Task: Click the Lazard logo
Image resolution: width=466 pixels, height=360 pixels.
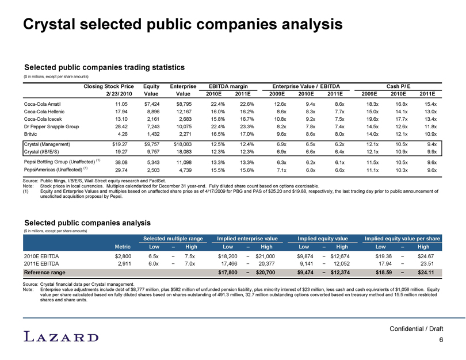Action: click(x=61, y=336)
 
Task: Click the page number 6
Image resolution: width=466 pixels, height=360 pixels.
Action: click(x=441, y=340)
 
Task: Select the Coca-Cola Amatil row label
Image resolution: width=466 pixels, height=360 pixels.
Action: click(x=42, y=104)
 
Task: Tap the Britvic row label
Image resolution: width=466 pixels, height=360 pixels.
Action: click(x=30, y=134)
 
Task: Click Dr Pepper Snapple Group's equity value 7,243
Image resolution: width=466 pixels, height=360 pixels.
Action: click(x=153, y=127)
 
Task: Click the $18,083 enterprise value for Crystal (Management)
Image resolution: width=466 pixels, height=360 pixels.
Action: click(x=183, y=144)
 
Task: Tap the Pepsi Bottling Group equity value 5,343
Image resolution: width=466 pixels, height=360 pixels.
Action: click(x=153, y=163)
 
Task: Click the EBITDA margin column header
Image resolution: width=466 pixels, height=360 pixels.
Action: click(x=228, y=86)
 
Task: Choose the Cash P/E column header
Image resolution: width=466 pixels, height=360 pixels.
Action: click(x=398, y=86)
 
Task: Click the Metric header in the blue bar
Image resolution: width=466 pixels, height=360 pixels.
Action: click(x=123, y=247)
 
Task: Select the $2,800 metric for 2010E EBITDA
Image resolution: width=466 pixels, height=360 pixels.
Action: click(x=123, y=256)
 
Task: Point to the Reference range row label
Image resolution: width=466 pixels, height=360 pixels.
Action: click(x=44, y=273)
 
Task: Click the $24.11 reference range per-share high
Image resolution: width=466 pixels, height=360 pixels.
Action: click(x=426, y=273)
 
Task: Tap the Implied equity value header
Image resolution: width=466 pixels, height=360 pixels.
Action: click(x=322, y=239)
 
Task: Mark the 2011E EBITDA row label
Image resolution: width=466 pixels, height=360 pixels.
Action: click(x=41, y=264)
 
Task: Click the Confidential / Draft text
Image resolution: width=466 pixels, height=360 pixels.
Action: click(x=416, y=329)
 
